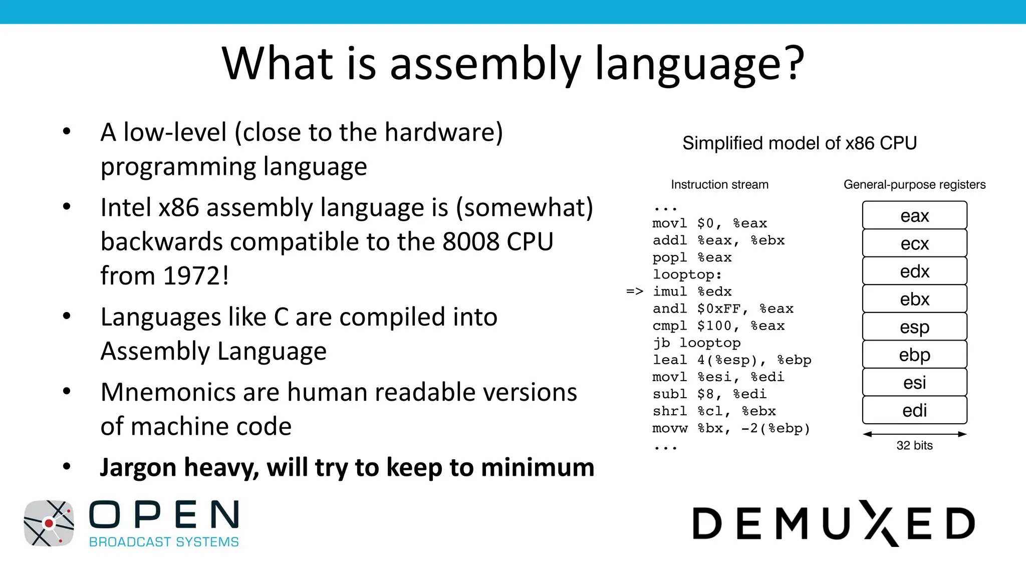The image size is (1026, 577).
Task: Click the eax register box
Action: click(914, 215)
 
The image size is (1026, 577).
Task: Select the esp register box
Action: click(914, 327)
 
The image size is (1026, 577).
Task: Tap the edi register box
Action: click(914, 410)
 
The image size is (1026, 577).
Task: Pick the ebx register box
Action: click(914, 299)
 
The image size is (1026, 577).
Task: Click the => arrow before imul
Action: click(634, 292)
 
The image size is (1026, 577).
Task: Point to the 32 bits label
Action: click(914, 445)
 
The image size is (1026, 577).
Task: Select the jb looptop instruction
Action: click(696, 343)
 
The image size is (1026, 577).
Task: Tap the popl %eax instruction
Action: click(692, 257)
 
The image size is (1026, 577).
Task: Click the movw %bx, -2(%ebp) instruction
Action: click(731, 428)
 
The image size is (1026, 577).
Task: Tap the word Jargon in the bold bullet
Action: click(138, 468)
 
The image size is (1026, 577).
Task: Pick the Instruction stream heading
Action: click(719, 184)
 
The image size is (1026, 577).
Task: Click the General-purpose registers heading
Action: click(914, 184)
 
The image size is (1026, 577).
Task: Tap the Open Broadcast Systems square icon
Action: click(49, 523)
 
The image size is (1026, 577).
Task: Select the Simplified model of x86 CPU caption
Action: click(800, 143)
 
